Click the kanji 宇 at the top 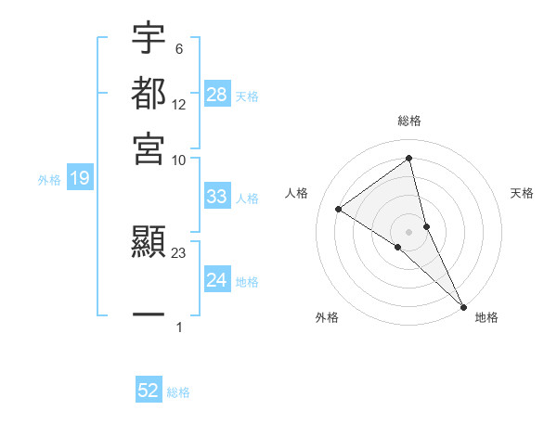point(149,39)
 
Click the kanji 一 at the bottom point(149,315)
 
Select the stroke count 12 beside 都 point(179,105)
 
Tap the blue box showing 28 point(217,95)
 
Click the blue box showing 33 point(217,197)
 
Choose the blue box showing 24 point(217,280)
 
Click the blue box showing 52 point(149,391)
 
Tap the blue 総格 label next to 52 point(178,392)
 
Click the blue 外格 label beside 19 point(49,180)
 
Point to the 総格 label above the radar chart point(409,121)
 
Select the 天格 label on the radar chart point(523,193)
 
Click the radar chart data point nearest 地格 point(462,305)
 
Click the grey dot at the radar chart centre point(409,230)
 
